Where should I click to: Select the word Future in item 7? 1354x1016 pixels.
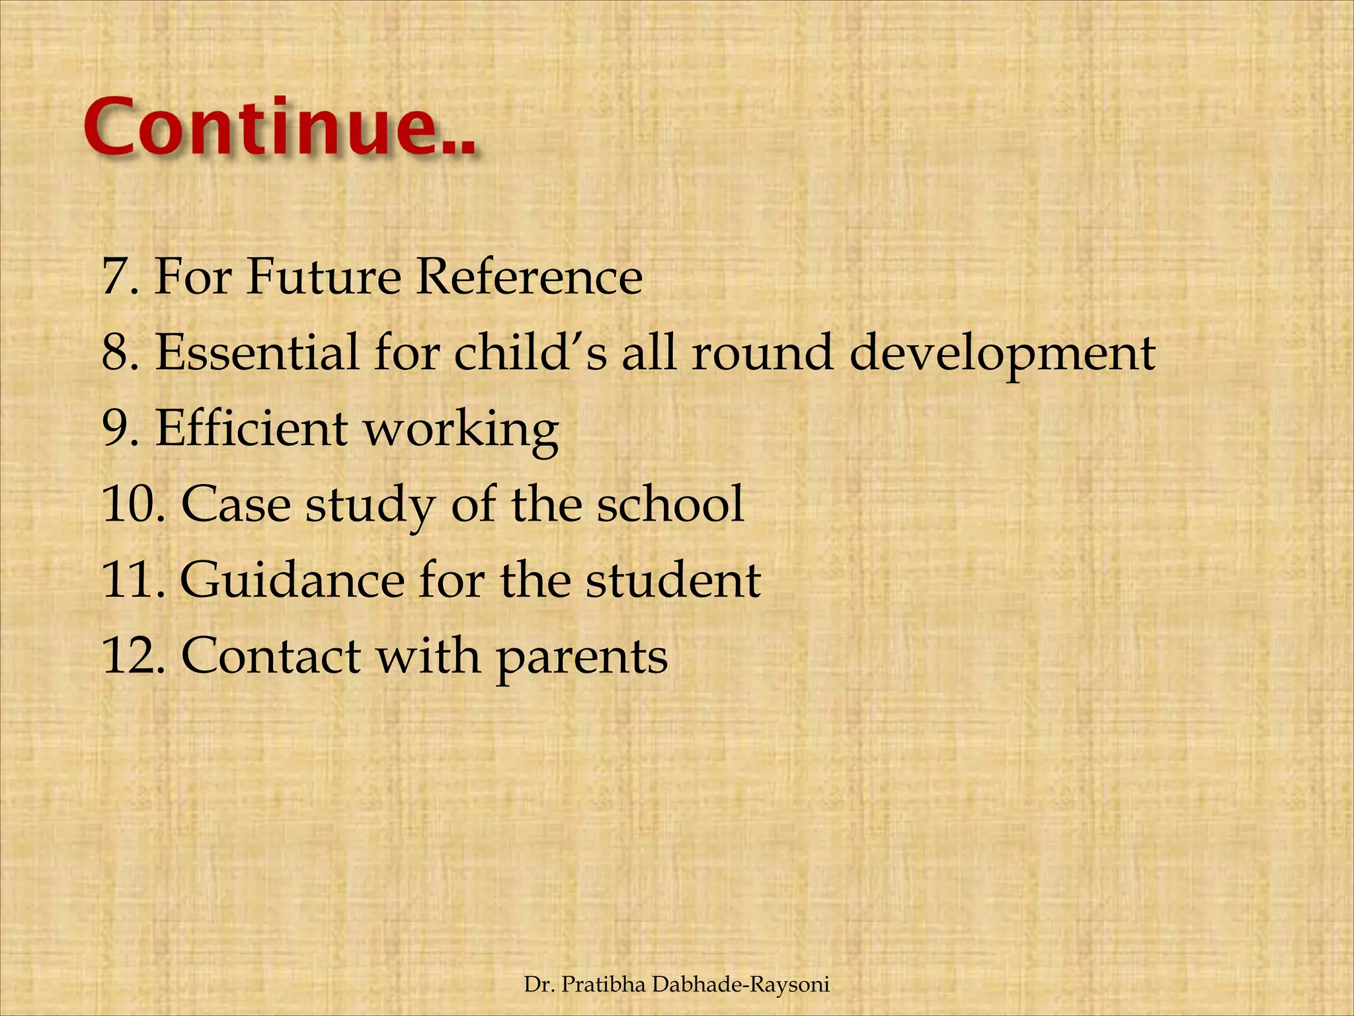[x=323, y=276]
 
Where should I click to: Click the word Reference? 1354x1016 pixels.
[x=528, y=276]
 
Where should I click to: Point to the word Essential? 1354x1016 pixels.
[x=257, y=353]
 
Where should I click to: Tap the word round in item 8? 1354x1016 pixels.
[x=761, y=353]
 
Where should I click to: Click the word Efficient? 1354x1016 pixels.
[x=251, y=429]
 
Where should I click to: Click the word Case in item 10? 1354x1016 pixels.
[x=235, y=505]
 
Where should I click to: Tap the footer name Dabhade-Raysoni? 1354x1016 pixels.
[x=740, y=985]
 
